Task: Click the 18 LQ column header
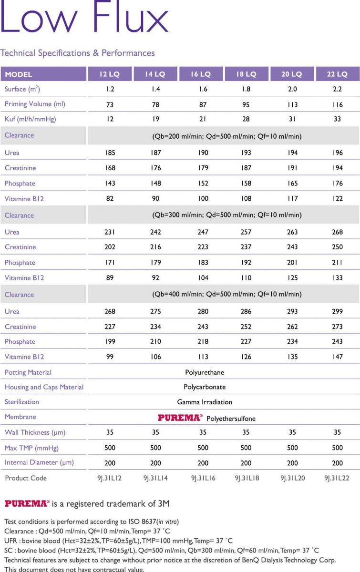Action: [246, 74]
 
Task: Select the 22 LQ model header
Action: [338, 74]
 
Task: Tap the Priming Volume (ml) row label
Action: [35, 104]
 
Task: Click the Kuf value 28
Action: [246, 119]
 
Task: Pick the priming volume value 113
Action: [292, 104]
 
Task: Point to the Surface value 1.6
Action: [203, 89]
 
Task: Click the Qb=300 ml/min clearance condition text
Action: [226, 215]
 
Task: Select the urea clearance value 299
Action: [338, 311]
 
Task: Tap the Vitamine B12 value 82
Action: [110, 198]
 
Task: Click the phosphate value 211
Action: [338, 262]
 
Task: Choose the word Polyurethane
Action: [205, 372]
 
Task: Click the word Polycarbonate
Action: [205, 387]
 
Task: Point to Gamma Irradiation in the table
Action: [205, 402]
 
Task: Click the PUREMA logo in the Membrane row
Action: [180, 418]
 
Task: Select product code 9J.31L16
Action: [203, 478]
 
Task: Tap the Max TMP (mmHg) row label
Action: [32, 448]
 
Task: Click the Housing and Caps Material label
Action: [44, 387]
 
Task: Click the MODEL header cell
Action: [19, 74]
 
